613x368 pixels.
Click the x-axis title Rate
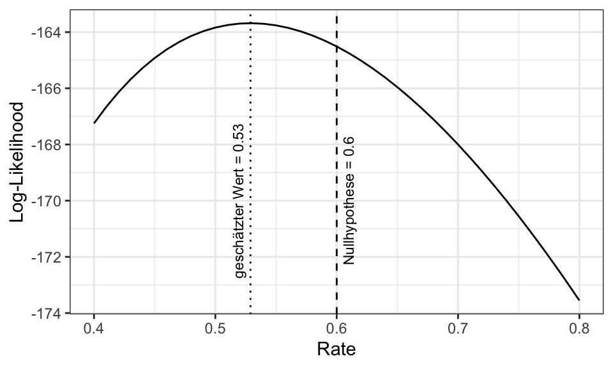(x=337, y=349)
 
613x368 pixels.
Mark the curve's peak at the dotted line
(x=250, y=23)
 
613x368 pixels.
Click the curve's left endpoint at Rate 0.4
(x=94, y=123)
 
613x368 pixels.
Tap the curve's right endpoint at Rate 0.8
(x=579, y=300)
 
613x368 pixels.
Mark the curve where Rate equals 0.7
(x=458, y=144)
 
